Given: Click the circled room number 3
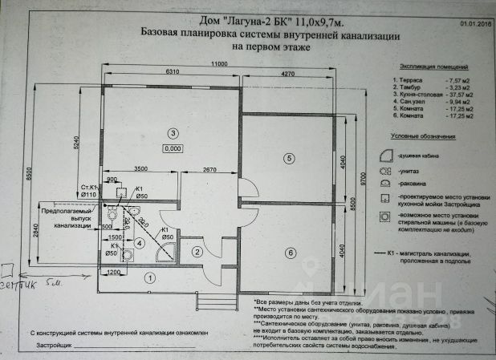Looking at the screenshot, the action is coord(171,132).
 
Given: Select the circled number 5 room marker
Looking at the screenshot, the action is coord(288,158).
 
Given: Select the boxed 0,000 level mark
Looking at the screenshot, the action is coord(171,148).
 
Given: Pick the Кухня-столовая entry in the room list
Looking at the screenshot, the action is coord(421,95).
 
